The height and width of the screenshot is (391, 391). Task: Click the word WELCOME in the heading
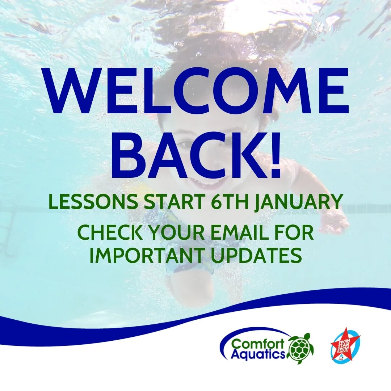196,92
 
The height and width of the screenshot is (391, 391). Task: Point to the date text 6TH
228,203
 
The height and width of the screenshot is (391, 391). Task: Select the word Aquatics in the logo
258,353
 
